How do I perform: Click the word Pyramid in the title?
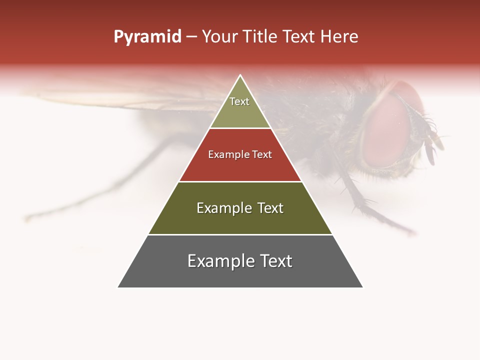pos(147,37)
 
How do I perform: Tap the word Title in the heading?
pos(261,37)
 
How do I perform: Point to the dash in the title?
pos(191,37)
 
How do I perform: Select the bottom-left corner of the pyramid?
pos(118,287)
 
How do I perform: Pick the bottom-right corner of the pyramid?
pos(362,287)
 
